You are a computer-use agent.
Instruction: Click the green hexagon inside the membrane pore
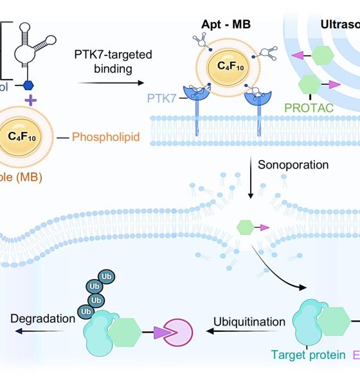(245, 226)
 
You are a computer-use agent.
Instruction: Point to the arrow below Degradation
(39, 332)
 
